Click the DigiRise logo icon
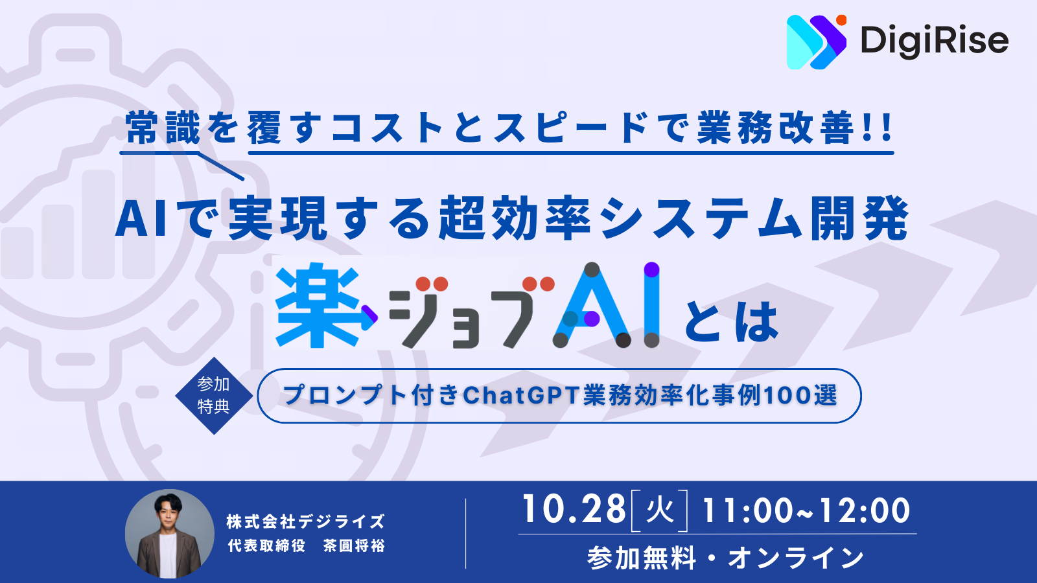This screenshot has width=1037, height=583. pyautogui.click(x=817, y=42)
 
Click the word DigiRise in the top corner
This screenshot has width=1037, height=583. pyautogui.click(x=934, y=41)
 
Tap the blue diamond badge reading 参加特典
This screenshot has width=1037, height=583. pyautogui.click(x=214, y=396)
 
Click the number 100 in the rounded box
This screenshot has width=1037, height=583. pyautogui.click(x=785, y=396)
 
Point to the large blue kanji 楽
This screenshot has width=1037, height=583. pyautogui.click(x=318, y=305)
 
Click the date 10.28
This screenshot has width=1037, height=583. pyautogui.click(x=574, y=510)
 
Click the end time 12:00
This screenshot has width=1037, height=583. pyautogui.click(x=865, y=511)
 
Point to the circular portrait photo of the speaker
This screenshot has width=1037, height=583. pyautogui.click(x=169, y=534)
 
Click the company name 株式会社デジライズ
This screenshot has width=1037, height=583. pyautogui.click(x=306, y=521)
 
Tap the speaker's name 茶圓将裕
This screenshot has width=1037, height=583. pyautogui.click(x=354, y=546)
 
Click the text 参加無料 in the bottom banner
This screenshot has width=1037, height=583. pyautogui.click(x=642, y=558)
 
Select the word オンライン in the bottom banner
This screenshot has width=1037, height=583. pyautogui.click(x=796, y=558)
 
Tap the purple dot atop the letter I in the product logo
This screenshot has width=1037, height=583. pyautogui.click(x=651, y=269)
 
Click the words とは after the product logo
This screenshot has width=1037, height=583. pyautogui.click(x=732, y=322)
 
